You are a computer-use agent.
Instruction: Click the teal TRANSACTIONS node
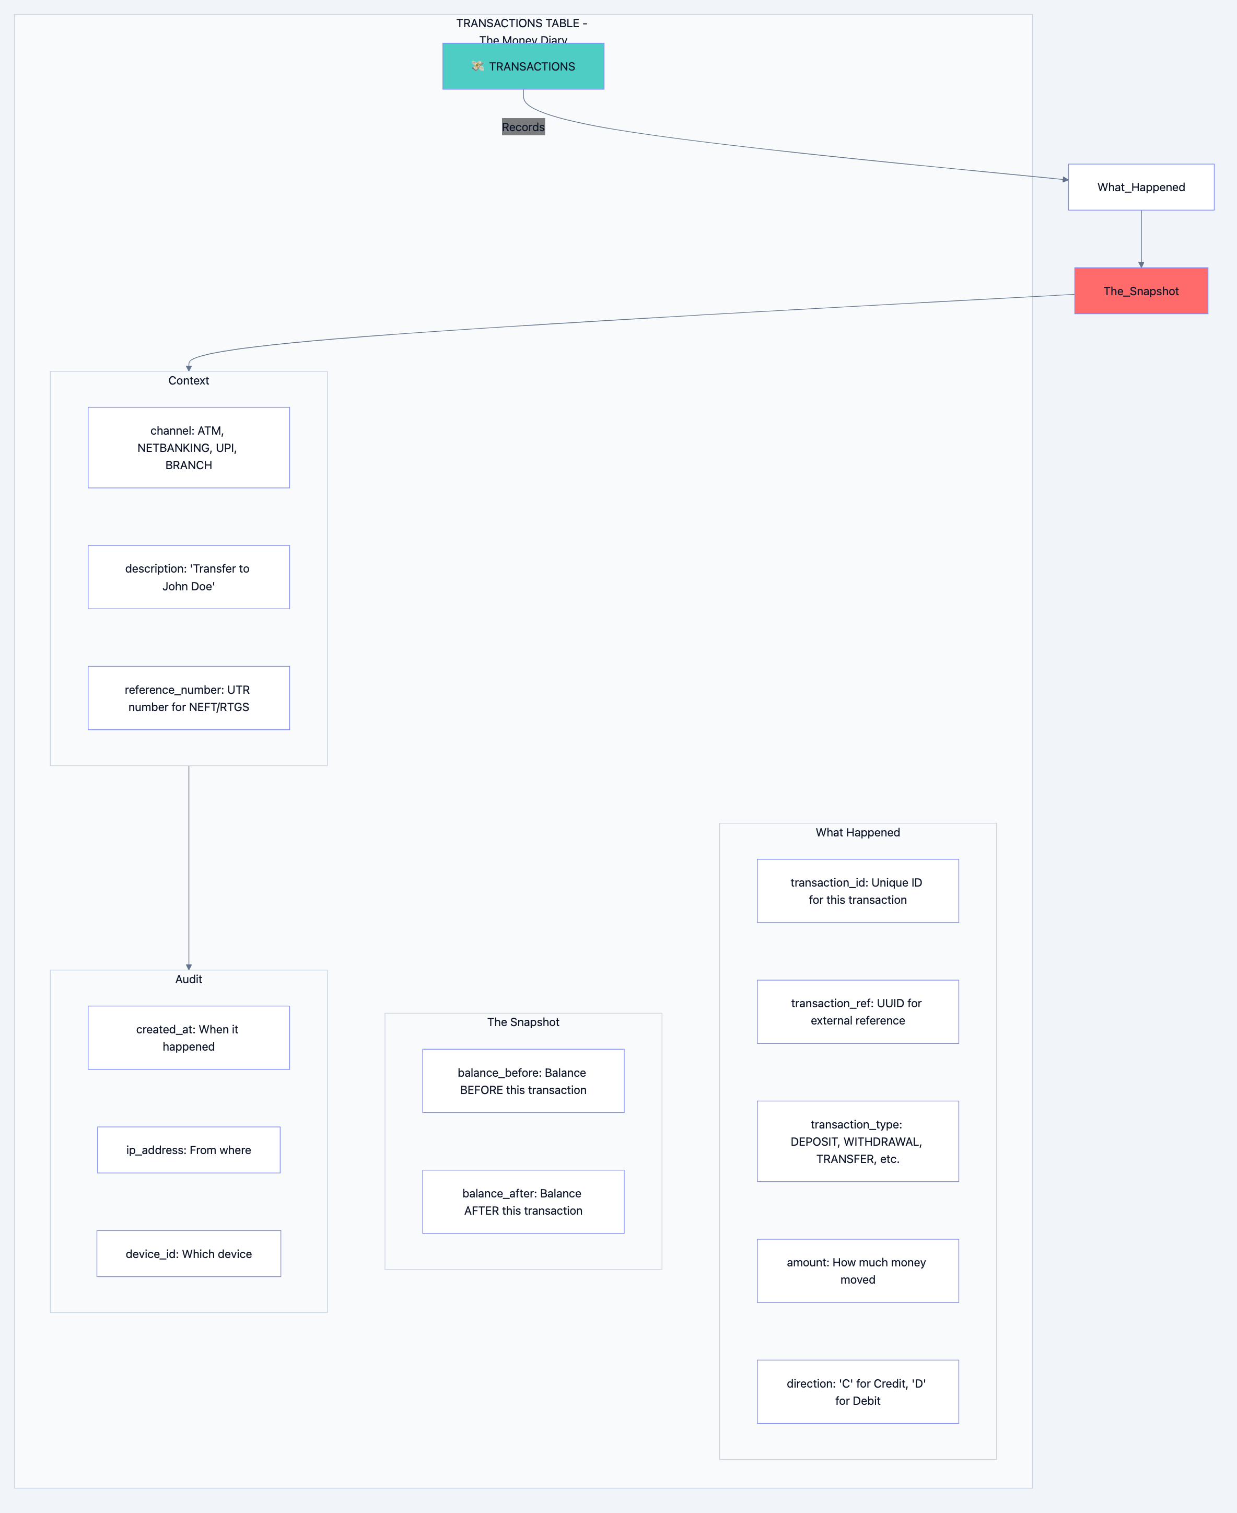(x=523, y=66)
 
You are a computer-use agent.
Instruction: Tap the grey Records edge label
(x=523, y=127)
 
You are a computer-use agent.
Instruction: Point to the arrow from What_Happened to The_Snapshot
(x=1141, y=239)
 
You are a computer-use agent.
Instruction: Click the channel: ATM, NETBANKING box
(x=188, y=448)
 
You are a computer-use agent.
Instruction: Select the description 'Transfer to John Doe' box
(x=188, y=577)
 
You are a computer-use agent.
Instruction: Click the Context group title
(x=188, y=380)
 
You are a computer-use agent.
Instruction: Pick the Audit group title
(x=188, y=979)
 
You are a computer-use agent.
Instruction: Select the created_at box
(x=188, y=1038)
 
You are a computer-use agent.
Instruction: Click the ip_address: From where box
(x=188, y=1149)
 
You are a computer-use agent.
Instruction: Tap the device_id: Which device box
(x=188, y=1253)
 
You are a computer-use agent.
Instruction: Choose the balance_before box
(x=523, y=1080)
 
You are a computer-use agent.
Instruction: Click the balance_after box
(x=523, y=1202)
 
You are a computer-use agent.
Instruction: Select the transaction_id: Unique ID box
(x=857, y=891)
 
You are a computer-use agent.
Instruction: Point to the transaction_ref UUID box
(x=857, y=1011)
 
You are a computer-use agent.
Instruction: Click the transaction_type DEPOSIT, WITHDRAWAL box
(x=857, y=1141)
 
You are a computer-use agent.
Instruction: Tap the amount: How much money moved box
(x=857, y=1271)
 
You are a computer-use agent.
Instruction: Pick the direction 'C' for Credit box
(x=857, y=1392)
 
